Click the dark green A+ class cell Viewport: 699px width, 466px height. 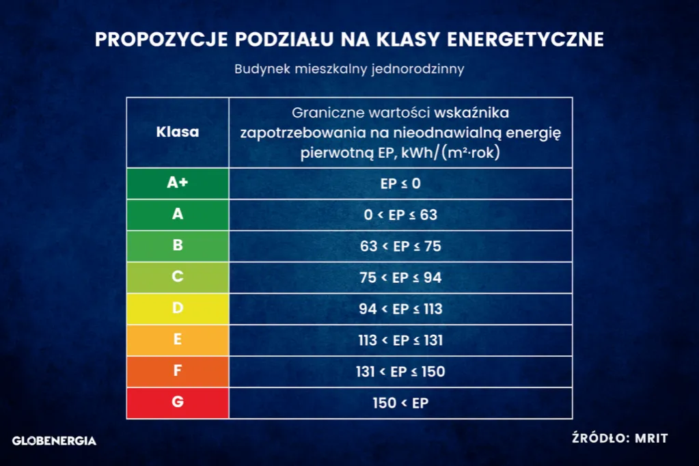click(x=178, y=183)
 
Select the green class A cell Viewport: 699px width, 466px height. click(x=178, y=215)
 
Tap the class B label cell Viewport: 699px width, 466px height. click(x=178, y=246)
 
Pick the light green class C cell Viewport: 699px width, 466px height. click(x=178, y=277)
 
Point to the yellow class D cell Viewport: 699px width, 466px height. click(x=178, y=309)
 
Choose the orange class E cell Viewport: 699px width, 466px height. click(x=178, y=340)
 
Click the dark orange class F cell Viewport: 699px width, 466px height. click(x=178, y=372)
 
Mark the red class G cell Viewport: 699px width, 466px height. click(x=178, y=402)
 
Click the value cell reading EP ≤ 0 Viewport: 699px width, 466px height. click(x=400, y=184)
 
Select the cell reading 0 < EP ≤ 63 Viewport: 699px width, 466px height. click(x=400, y=215)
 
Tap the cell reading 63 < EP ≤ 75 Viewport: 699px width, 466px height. click(x=400, y=246)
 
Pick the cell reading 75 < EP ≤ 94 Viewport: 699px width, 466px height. click(x=400, y=277)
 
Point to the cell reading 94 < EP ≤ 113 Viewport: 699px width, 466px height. click(x=400, y=309)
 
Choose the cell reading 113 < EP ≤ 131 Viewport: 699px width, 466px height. click(x=400, y=340)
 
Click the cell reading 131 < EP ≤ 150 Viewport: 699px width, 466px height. click(x=400, y=372)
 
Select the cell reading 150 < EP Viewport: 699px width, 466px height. click(x=400, y=403)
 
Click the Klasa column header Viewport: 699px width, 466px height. click(x=178, y=133)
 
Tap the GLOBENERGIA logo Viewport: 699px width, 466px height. click(x=55, y=441)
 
